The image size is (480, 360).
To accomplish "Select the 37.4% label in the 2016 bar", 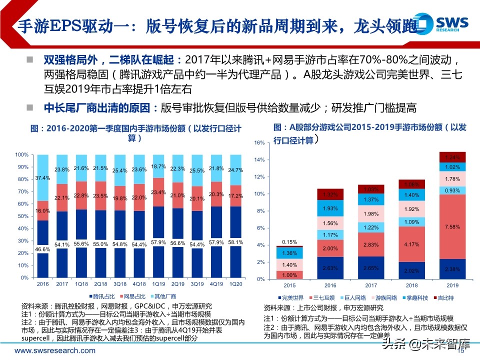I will (x=43, y=177).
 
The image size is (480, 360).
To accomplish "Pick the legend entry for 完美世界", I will (x=291, y=297).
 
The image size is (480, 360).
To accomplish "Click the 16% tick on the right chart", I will (x=258, y=143).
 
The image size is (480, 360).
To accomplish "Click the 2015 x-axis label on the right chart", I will (x=289, y=285).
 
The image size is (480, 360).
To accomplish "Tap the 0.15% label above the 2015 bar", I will (x=289, y=242).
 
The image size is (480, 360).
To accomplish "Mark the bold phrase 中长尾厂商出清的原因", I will (x=94, y=107).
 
